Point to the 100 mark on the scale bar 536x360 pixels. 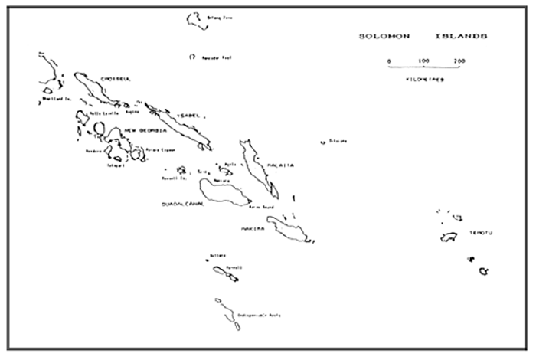pyautogui.click(x=423, y=60)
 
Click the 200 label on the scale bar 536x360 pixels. pyautogui.click(x=458, y=60)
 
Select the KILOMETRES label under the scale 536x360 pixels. pyautogui.click(x=423, y=78)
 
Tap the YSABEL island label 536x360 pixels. pyautogui.click(x=187, y=114)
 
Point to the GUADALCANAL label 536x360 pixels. pyautogui.click(x=182, y=205)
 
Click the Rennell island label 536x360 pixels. pyautogui.click(x=234, y=267)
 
